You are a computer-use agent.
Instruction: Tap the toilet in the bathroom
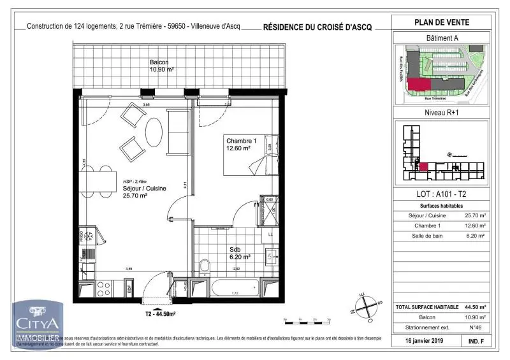click(x=205, y=264)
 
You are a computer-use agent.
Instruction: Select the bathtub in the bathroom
click(x=236, y=287)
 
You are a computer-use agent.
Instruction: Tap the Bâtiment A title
click(x=442, y=38)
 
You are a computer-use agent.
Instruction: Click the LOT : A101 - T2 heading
click(x=442, y=194)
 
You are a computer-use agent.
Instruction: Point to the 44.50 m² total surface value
click(x=474, y=307)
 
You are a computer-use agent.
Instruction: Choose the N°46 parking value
click(x=474, y=326)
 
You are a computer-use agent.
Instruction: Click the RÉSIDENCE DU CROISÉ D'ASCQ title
click(x=317, y=27)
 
